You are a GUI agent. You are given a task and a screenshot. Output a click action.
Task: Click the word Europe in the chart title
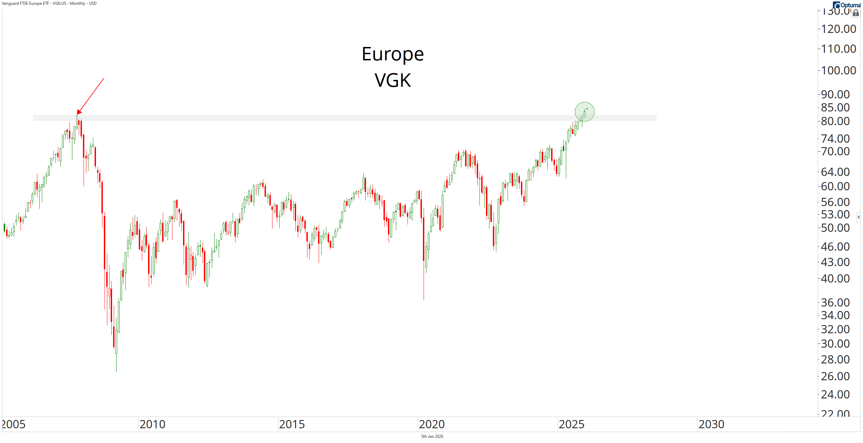coord(392,54)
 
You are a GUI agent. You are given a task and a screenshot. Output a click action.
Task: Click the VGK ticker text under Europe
coord(392,80)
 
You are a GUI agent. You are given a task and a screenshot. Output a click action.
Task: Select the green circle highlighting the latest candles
coord(584,112)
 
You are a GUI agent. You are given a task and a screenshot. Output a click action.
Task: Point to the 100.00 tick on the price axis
coord(838,70)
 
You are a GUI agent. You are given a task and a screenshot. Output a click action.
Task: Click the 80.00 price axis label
coord(835,121)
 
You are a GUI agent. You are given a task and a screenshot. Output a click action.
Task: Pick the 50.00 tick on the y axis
coord(835,228)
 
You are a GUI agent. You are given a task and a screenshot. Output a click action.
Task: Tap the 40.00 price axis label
coord(835,278)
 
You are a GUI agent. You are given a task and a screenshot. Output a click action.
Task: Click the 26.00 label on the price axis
coord(835,376)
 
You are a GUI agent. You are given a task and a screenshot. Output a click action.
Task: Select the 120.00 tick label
coord(838,29)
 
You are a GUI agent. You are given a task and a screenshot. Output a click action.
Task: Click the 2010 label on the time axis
coord(152,424)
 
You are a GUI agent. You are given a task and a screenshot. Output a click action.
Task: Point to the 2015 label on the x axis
coord(292,424)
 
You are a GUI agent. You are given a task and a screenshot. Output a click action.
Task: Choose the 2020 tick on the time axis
coord(431,424)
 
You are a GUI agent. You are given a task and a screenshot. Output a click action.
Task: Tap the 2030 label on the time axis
coord(711,424)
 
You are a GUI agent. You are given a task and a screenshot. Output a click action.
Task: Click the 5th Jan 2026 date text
coord(432,436)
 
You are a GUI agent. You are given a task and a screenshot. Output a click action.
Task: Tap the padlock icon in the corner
coord(856,13)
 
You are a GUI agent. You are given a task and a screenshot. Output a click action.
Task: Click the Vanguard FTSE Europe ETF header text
coord(49,3)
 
